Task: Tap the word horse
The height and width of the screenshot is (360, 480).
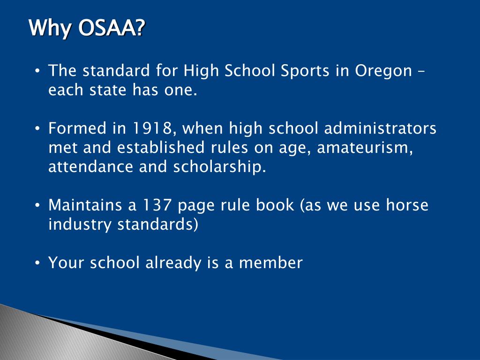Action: (x=407, y=205)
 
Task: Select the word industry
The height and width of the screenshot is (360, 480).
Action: (x=80, y=225)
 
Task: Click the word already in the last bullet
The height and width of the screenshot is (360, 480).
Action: (x=173, y=263)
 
